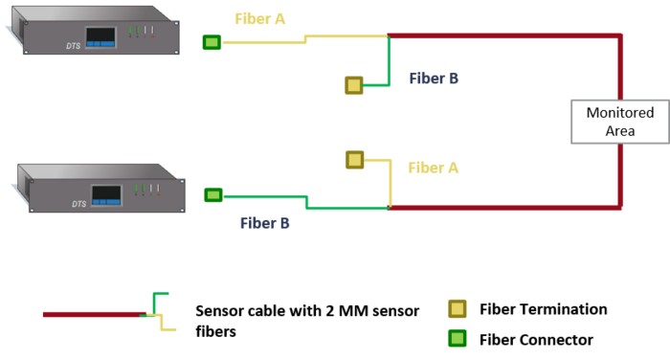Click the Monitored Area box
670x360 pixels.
pyautogui.click(x=619, y=122)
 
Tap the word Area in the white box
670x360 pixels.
pyautogui.click(x=619, y=131)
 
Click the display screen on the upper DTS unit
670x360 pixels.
pyautogui.click(x=100, y=36)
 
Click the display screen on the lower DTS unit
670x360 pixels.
pyautogui.click(x=106, y=194)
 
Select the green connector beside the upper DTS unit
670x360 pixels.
pyautogui.click(x=212, y=42)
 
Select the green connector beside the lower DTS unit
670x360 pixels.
pyautogui.click(x=213, y=195)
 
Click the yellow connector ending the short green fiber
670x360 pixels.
pyautogui.click(x=354, y=85)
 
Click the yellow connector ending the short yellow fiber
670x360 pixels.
pyautogui.click(x=355, y=160)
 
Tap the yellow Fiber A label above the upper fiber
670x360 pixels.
pyautogui.click(x=260, y=19)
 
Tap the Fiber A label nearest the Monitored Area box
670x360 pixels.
pyautogui.click(x=433, y=168)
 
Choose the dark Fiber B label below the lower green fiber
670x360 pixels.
pyautogui.click(x=264, y=223)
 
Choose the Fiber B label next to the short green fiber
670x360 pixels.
pyautogui.click(x=433, y=79)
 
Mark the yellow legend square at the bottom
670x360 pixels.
pyautogui.click(x=458, y=308)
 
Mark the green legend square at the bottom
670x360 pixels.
pyautogui.click(x=458, y=338)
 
